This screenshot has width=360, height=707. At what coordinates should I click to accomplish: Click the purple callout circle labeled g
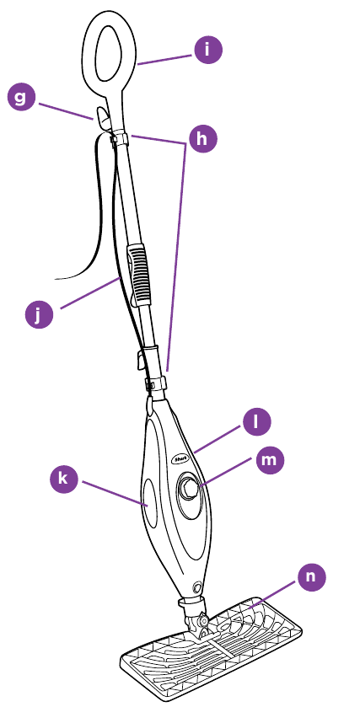[x=21, y=97]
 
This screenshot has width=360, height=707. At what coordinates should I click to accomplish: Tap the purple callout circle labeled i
[x=208, y=50]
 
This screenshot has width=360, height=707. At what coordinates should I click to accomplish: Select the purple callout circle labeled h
[x=203, y=139]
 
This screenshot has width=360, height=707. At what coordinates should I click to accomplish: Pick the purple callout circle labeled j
[x=39, y=314]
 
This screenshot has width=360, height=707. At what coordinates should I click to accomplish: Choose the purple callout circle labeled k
[x=63, y=479]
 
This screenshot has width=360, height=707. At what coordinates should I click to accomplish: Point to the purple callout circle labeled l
[x=256, y=421]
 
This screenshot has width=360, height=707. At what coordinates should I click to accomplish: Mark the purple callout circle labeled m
[x=271, y=460]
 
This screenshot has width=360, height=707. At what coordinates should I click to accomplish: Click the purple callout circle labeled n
[x=311, y=576]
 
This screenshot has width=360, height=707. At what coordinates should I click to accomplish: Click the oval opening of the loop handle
[x=108, y=53]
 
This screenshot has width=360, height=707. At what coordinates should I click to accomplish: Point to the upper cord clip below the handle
[x=120, y=138]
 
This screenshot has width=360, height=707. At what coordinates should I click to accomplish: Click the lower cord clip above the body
[x=155, y=384]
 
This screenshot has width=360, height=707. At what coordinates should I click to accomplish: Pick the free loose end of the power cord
[x=56, y=279]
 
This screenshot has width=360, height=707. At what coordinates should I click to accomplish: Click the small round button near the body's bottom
[x=196, y=587]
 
